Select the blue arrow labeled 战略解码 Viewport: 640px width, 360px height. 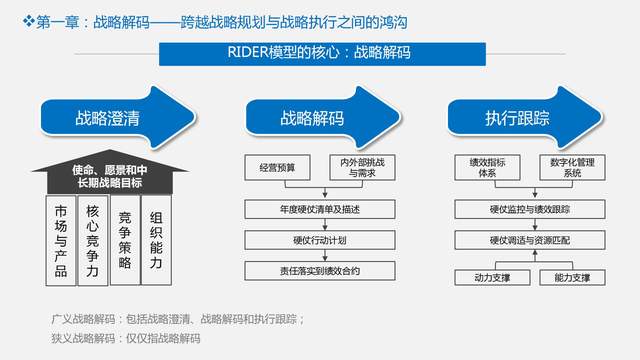[310, 118]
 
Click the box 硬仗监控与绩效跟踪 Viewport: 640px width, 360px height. [516, 208]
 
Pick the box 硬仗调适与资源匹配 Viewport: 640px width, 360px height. [516, 239]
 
